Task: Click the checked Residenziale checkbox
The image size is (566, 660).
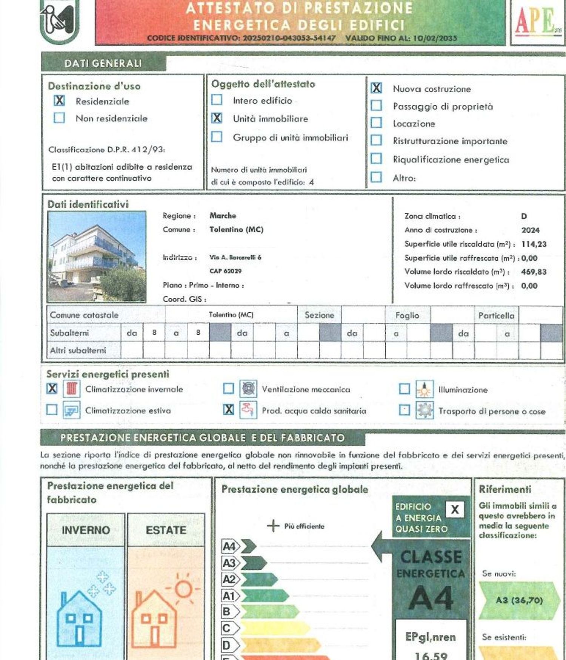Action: (59, 100)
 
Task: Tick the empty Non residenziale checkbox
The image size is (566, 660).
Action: (59, 118)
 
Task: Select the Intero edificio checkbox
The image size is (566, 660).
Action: (217, 100)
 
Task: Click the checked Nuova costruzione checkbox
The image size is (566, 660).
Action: (376, 88)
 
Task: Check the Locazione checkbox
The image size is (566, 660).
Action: (376, 123)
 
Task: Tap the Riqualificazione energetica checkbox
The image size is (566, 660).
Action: (376, 159)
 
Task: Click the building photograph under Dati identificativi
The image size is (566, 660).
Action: (97, 257)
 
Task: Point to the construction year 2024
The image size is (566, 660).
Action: (530, 230)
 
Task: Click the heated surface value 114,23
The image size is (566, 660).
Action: (534, 244)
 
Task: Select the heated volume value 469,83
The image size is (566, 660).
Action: (534, 272)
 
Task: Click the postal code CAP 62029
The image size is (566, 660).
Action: (225, 271)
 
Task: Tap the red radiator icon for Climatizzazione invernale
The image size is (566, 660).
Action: (72, 389)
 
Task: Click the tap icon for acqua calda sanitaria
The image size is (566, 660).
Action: (248, 410)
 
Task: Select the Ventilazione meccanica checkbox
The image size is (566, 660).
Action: (228, 388)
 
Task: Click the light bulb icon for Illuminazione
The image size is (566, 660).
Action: (424, 389)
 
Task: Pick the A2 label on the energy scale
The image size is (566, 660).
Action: (229, 579)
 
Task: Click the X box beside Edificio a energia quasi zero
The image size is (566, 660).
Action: (455, 509)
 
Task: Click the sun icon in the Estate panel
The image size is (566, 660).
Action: (184, 589)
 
